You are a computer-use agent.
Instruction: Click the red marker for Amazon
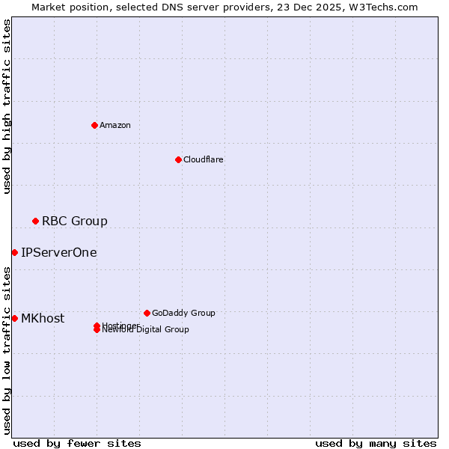click(94, 125)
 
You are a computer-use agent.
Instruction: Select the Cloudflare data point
click(178, 159)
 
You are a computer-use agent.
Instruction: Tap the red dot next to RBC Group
click(35, 221)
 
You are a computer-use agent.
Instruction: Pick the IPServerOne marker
click(14, 252)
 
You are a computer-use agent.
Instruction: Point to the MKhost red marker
click(14, 318)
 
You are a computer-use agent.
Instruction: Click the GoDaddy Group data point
click(147, 313)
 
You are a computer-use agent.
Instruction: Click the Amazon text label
click(114, 125)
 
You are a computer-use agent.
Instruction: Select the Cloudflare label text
click(203, 159)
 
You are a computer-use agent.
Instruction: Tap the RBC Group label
click(74, 221)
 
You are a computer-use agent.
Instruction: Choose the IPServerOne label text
click(58, 252)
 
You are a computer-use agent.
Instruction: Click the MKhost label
click(42, 318)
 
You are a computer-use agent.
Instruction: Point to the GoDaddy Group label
click(183, 313)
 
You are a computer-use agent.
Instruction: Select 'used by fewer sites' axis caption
click(77, 443)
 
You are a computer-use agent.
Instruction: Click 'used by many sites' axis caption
click(375, 443)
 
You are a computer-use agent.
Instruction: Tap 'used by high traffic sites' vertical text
click(7, 106)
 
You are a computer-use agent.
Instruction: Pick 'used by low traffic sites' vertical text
click(7, 349)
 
